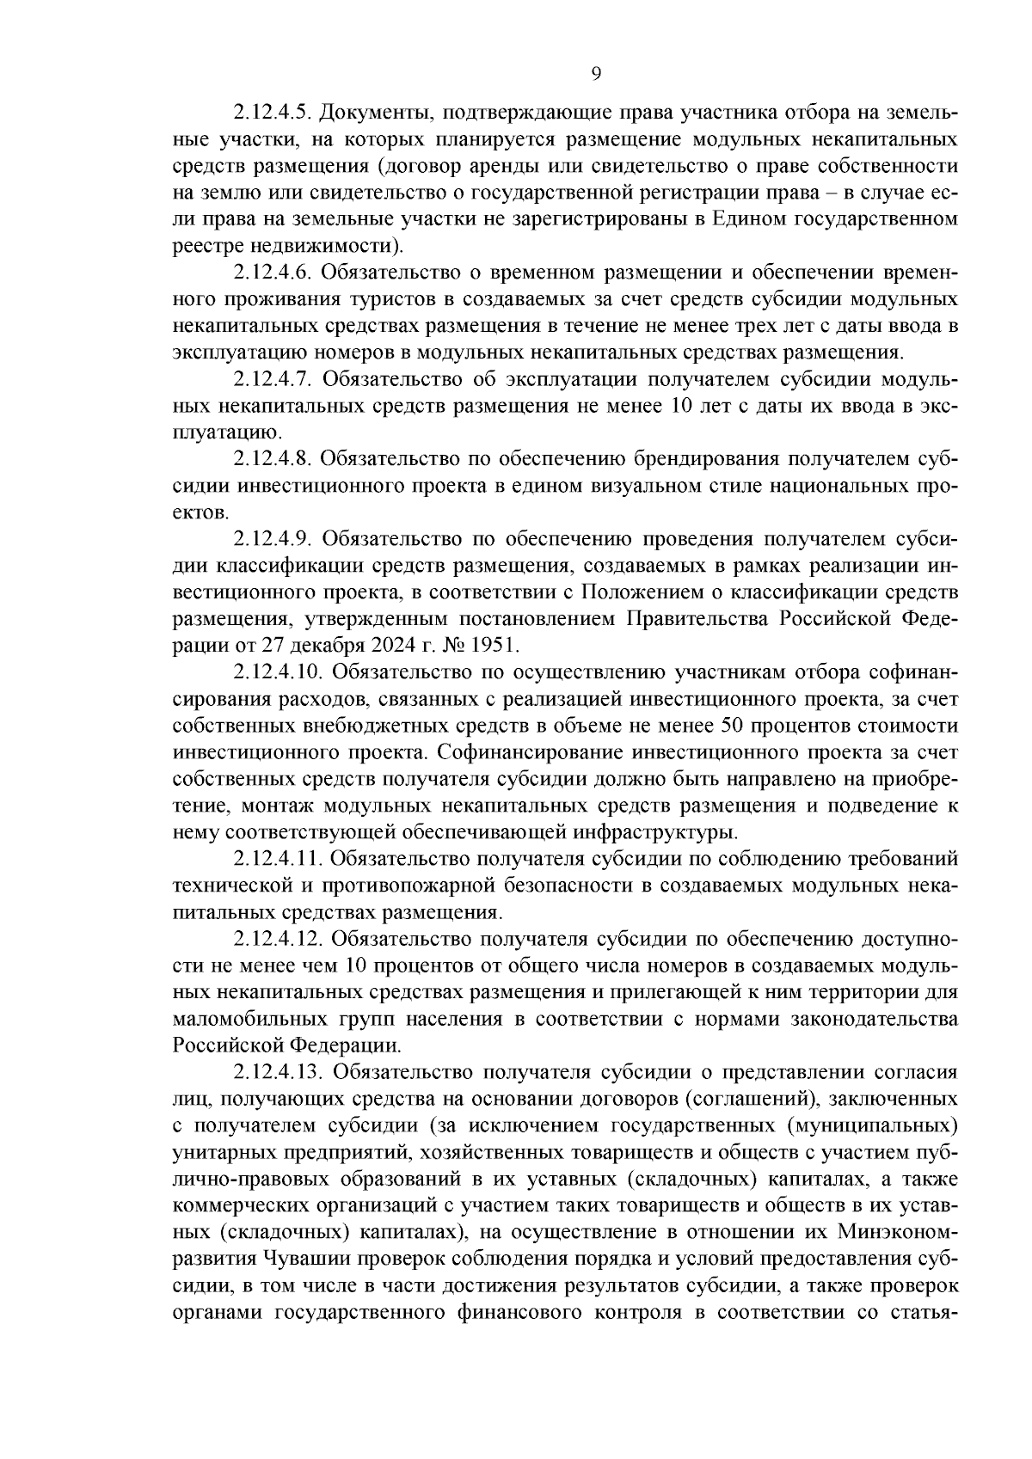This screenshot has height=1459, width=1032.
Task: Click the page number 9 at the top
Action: point(596,74)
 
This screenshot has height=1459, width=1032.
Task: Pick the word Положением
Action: point(645,592)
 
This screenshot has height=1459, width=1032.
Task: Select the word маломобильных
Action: point(243,1019)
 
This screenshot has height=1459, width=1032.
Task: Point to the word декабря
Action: point(332,644)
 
